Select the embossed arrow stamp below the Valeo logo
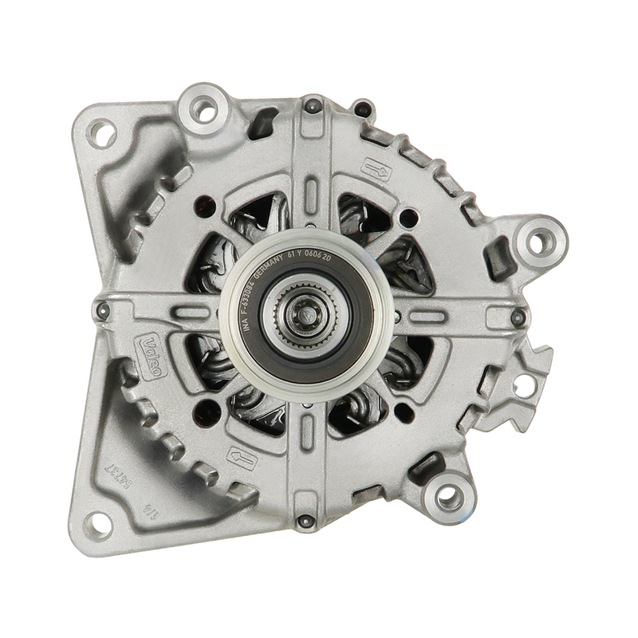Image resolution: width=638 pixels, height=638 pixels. pyautogui.click(x=240, y=455)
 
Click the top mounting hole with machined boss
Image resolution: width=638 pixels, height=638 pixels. pyautogui.click(x=199, y=101)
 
